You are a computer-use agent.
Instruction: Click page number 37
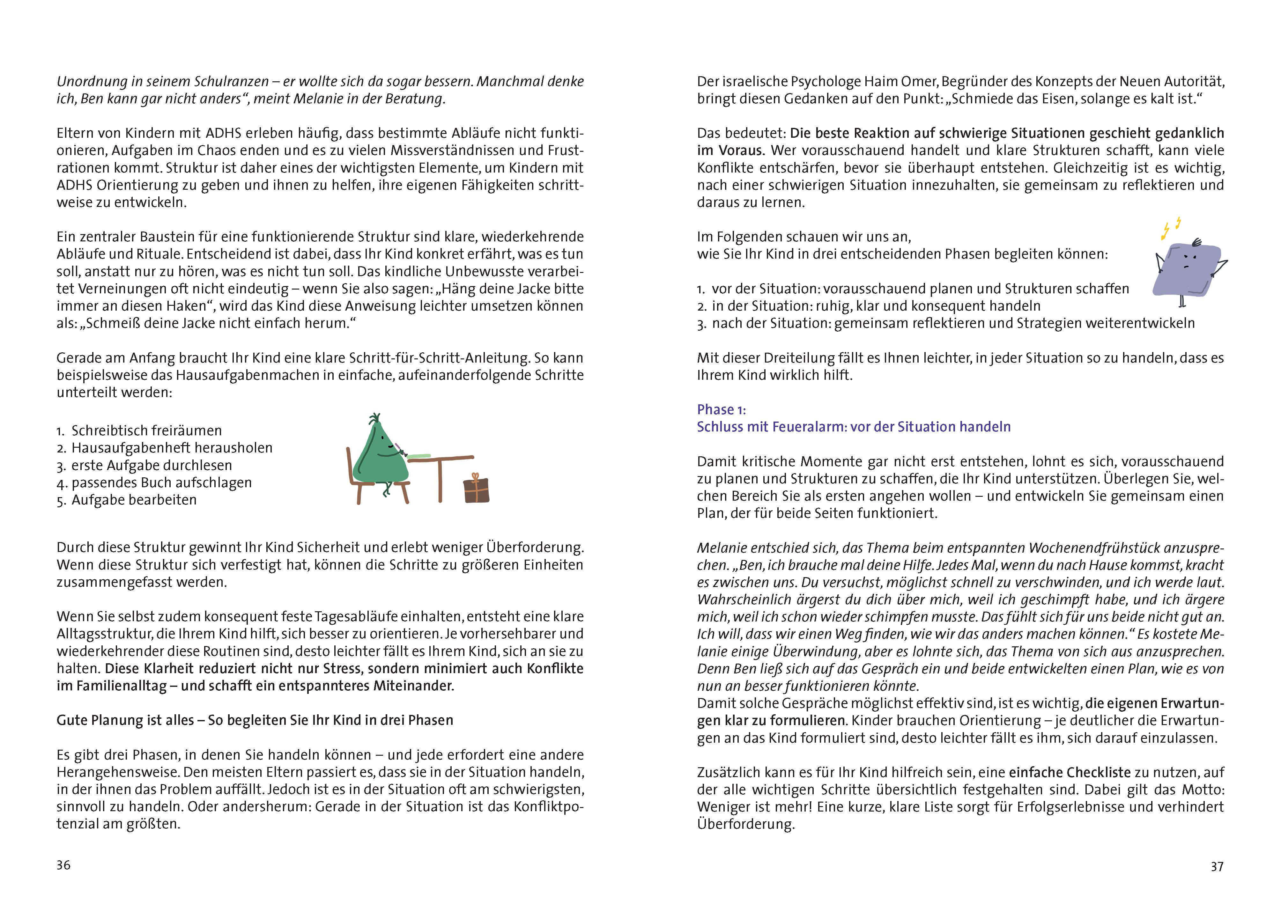click(1217, 866)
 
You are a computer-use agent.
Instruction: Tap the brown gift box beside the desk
click(477, 489)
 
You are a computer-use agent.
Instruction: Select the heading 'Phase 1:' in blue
click(721, 409)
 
